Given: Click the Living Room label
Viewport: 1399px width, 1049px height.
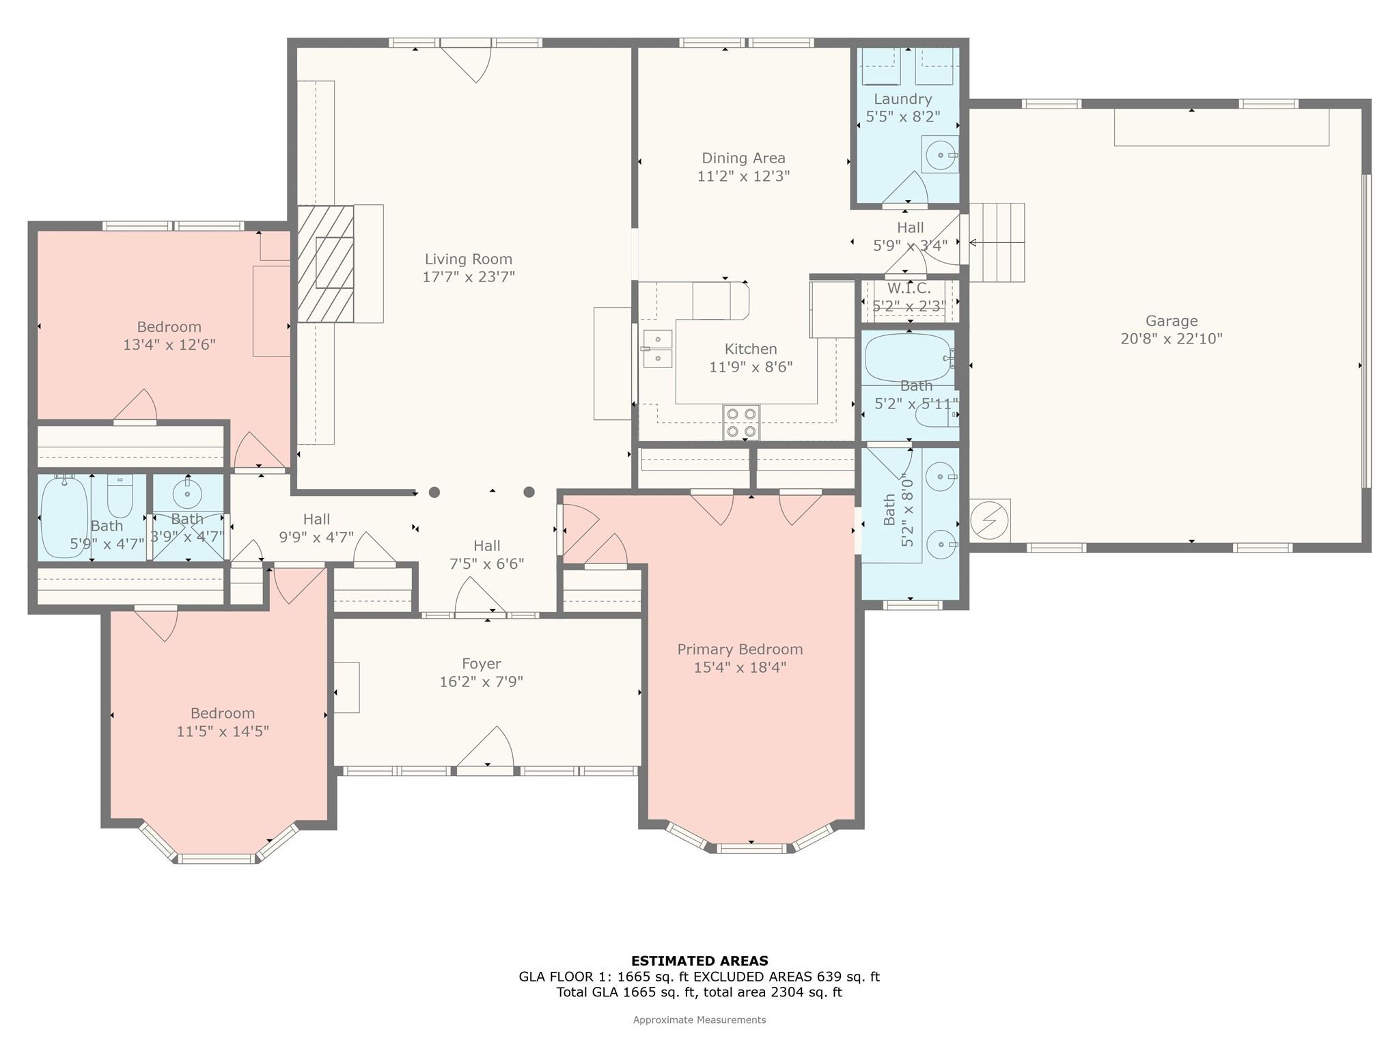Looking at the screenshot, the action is tap(468, 260).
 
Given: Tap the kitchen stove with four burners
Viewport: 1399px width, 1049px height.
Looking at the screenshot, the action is tap(741, 422).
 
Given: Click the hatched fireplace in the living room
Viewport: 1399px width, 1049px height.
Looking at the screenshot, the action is tap(326, 264).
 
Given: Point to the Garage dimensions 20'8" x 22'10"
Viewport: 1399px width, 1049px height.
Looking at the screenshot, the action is tap(1172, 339).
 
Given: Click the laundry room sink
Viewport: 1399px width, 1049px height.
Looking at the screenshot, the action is tap(941, 155).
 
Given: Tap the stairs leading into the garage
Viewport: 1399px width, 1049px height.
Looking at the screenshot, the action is tap(997, 242).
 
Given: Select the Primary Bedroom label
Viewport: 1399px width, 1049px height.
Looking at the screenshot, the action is tap(740, 649).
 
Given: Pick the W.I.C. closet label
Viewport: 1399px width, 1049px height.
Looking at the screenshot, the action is tap(909, 288).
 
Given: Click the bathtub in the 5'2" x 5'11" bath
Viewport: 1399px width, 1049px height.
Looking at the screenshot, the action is tap(909, 358).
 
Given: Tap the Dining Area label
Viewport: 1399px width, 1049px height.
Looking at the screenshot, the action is tap(743, 158).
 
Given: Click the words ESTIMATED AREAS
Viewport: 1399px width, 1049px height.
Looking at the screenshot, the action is tap(699, 961).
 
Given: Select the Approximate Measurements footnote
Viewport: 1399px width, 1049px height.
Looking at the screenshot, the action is tap(699, 1020).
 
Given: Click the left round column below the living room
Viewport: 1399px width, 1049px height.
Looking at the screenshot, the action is tap(434, 492).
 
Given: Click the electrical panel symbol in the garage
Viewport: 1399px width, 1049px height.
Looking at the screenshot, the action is tap(990, 521).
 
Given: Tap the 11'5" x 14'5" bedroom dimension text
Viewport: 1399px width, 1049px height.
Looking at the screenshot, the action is tap(223, 731).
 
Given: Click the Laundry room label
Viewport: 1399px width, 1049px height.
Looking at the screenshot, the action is tap(902, 99).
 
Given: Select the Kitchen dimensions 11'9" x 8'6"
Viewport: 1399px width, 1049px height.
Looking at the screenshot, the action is tap(751, 367).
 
